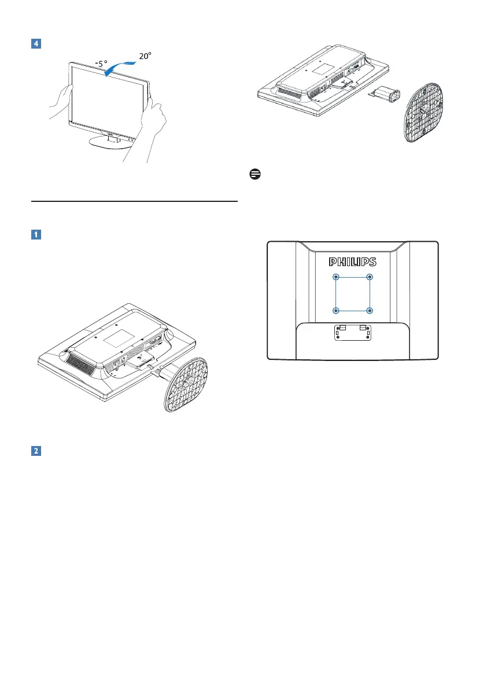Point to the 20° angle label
coord(145,57)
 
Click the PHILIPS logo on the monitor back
coord(353,261)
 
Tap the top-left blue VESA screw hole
coord(337,277)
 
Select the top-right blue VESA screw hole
coord(370,277)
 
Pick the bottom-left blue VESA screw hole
coord(337,311)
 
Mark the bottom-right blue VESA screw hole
coord(370,311)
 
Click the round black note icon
coord(253,174)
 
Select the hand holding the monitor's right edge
coord(152,124)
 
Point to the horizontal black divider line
coord(134,201)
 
